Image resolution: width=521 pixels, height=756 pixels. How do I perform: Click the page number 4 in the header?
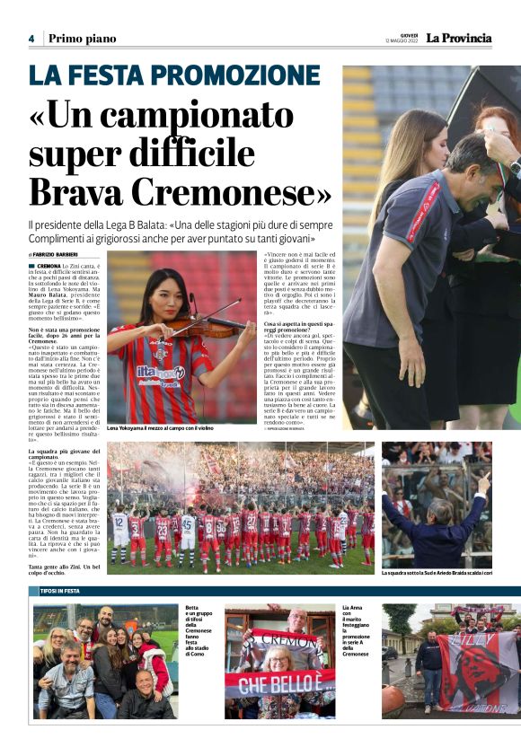(x=31, y=39)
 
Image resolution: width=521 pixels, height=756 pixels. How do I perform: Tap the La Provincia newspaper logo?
(x=458, y=38)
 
